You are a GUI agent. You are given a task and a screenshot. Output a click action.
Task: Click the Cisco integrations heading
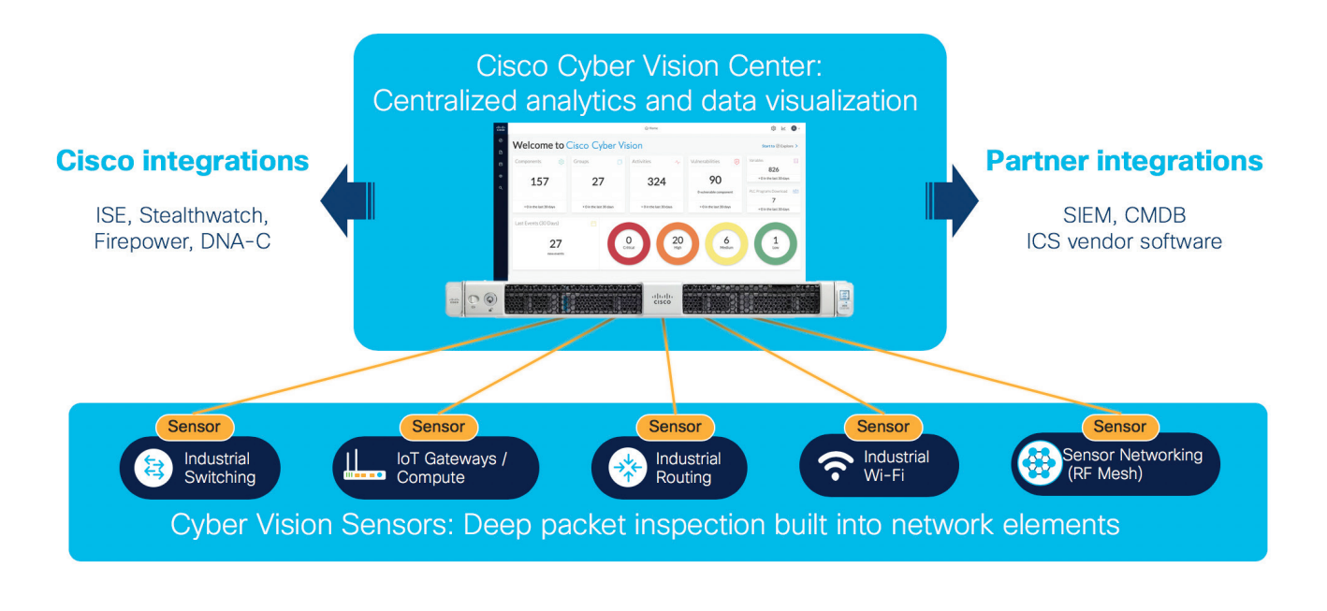tap(182, 161)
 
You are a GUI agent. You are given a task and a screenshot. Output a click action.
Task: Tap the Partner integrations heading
tap(1124, 161)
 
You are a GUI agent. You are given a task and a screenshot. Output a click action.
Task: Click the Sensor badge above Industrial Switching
tap(194, 427)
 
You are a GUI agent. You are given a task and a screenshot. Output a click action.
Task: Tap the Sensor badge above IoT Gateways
tap(438, 427)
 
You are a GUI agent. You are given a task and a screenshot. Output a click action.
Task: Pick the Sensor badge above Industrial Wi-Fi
tap(882, 427)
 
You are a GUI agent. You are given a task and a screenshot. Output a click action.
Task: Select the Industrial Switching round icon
tap(153, 468)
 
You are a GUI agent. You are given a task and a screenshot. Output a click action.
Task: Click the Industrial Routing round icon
tap(627, 468)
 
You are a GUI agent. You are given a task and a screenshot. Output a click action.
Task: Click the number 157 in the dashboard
tap(540, 182)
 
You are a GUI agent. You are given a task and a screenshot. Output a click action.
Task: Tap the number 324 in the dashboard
tap(656, 182)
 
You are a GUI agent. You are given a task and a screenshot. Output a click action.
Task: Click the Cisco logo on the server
tap(662, 299)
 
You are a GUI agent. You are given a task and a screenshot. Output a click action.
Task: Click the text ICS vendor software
tap(1124, 241)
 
